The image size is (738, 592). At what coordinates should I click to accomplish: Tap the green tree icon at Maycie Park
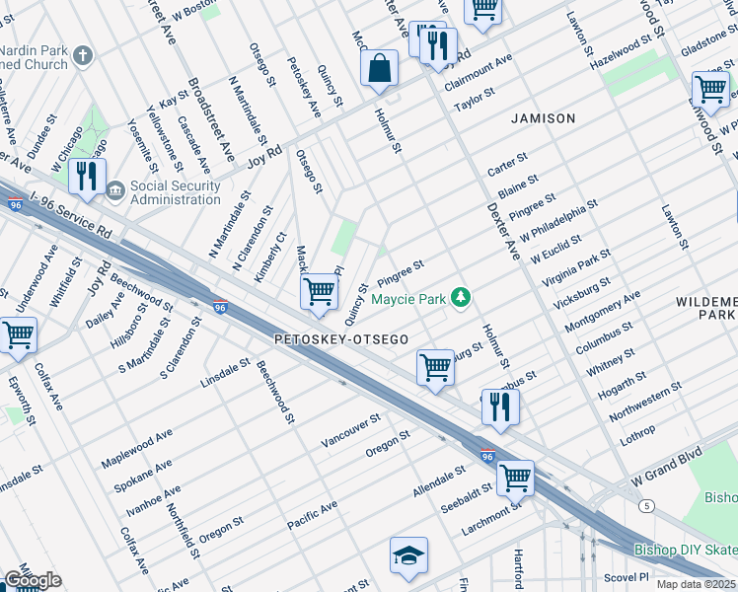(460, 296)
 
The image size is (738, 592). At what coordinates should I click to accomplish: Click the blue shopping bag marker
(379, 70)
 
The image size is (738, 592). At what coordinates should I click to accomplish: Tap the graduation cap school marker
(408, 557)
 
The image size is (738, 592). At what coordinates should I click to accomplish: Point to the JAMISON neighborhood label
(543, 118)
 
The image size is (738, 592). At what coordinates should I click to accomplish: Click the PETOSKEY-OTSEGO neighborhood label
(341, 339)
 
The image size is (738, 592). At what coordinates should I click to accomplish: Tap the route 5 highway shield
(646, 505)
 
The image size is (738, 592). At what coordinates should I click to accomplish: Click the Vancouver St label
(350, 431)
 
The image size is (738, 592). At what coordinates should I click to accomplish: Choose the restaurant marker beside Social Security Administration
(87, 177)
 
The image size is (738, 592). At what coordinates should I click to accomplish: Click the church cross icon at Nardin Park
(83, 54)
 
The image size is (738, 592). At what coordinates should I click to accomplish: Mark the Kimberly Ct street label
(269, 257)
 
